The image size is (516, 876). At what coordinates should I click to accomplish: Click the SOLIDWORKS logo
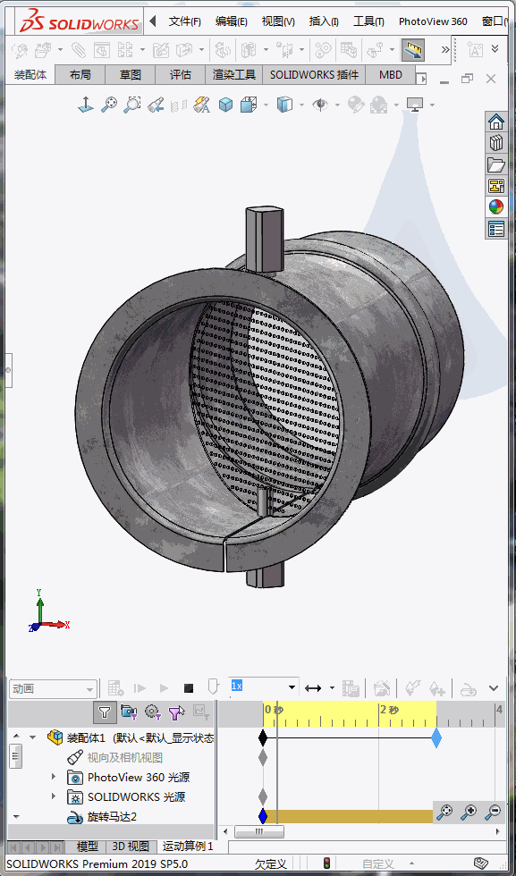(80, 21)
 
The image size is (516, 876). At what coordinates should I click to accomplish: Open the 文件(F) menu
(184, 21)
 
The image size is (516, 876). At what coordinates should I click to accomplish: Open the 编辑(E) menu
(231, 21)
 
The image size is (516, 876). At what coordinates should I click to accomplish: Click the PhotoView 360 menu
(433, 21)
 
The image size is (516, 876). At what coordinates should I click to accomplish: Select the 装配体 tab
(30, 75)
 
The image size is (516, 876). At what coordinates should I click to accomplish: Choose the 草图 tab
(131, 75)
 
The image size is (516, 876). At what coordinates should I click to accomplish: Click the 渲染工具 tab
(234, 75)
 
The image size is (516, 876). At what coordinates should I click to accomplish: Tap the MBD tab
(391, 75)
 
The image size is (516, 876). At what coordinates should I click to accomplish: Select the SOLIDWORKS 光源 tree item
(136, 796)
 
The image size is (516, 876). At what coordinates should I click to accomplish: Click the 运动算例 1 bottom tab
(188, 846)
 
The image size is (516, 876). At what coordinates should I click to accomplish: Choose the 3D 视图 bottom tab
(131, 846)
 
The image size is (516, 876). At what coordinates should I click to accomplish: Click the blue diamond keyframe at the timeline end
(436, 737)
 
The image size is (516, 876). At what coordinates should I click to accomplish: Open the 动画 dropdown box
(53, 689)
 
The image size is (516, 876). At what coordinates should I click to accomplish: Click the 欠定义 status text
(270, 863)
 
